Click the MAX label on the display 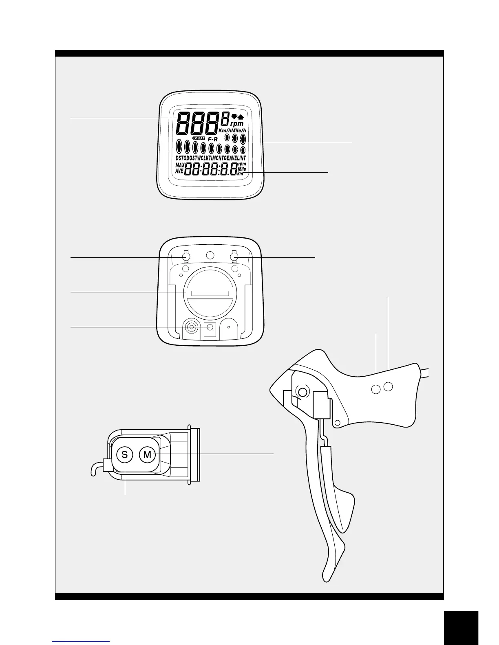point(180,165)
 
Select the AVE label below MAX point(179,171)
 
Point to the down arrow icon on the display point(234,116)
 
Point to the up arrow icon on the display point(241,116)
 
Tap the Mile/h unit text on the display point(239,130)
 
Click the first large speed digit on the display point(184,123)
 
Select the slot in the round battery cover point(210,294)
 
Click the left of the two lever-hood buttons point(376,390)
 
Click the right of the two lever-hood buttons point(389,386)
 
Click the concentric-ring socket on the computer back point(191,327)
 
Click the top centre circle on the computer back point(210,255)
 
